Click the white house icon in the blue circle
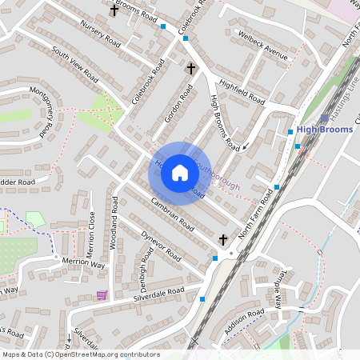pyautogui.click(x=180, y=173)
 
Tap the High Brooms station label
pyautogui.click(x=324, y=129)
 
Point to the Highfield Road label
pyautogui.click(x=241, y=90)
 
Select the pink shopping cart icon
pyautogui.click(x=102, y=294)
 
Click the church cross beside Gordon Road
pyautogui.click(x=190, y=69)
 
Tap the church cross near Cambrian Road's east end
pyautogui.click(x=223, y=239)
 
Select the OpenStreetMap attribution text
pyautogui.click(x=80, y=354)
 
